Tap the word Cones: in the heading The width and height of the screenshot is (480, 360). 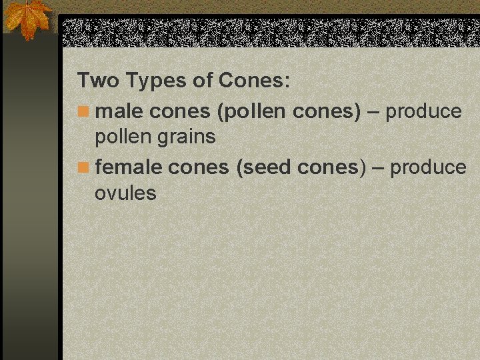pyautogui.click(x=254, y=81)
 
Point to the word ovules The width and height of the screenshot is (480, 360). pyautogui.click(x=125, y=193)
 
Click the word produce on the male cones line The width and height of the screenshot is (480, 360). pyautogui.click(x=423, y=111)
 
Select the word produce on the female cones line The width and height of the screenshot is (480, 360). pyautogui.click(x=428, y=167)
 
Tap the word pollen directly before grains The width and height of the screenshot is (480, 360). pyautogui.click(x=123, y=137)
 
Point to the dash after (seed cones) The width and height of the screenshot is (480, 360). pyautogui.click(x=378, y=167)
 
